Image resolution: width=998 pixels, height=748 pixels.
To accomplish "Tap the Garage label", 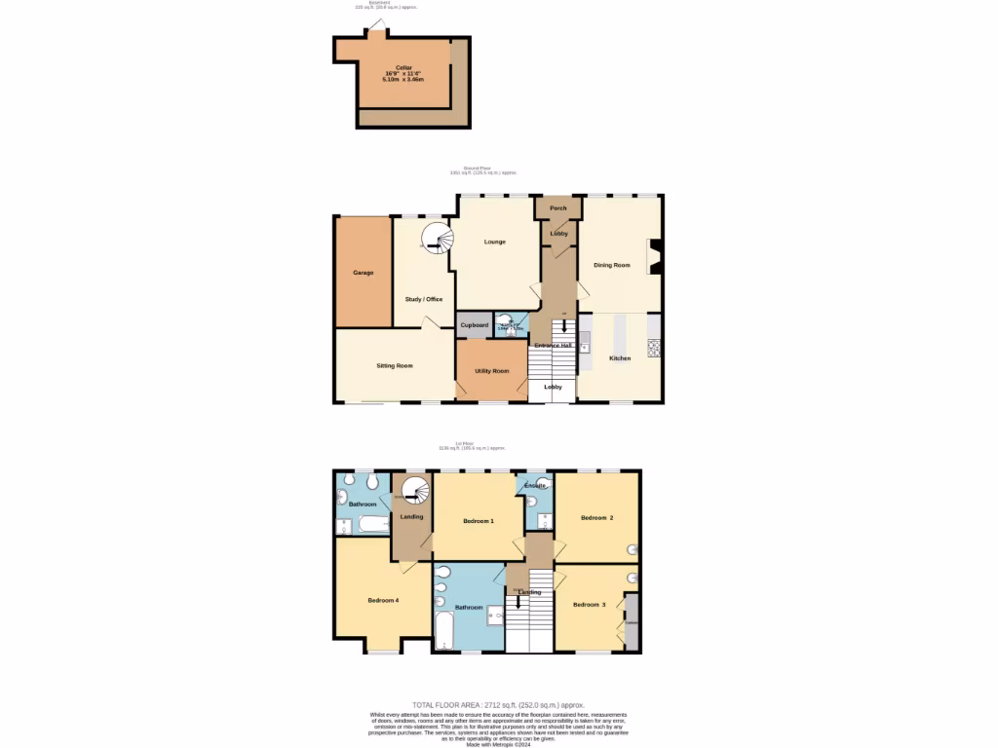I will click(363, 273).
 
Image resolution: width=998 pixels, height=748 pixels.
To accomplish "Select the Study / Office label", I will click(424, 299).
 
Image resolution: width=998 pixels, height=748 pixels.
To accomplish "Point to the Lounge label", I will click(495, 242).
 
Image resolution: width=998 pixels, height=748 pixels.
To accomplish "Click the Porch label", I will click(558, 208).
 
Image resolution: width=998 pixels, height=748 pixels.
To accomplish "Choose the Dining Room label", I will click(612, 265).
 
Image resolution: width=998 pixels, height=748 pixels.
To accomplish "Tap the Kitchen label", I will click(620, 358).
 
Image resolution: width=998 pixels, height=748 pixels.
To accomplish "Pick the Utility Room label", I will click(492, 371).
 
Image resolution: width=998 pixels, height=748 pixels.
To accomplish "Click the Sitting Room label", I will click(395, 365).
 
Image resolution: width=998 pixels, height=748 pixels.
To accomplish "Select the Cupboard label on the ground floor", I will click(475, 324).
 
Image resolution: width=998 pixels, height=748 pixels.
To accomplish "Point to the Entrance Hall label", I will click(553, 345).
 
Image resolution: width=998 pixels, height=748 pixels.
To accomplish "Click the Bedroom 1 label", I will click(479, 521).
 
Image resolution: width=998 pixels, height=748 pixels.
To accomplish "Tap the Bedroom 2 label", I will click(597, 517).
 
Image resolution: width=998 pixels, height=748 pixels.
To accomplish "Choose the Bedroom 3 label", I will click(590, 605).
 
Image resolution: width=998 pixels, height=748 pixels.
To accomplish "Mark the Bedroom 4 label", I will click(383, 600).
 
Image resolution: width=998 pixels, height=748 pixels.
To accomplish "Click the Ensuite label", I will click(535, 485).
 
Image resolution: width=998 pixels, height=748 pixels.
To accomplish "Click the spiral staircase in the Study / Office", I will click(437, 238).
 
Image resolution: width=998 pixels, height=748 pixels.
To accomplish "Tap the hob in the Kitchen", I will click(653, 347).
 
